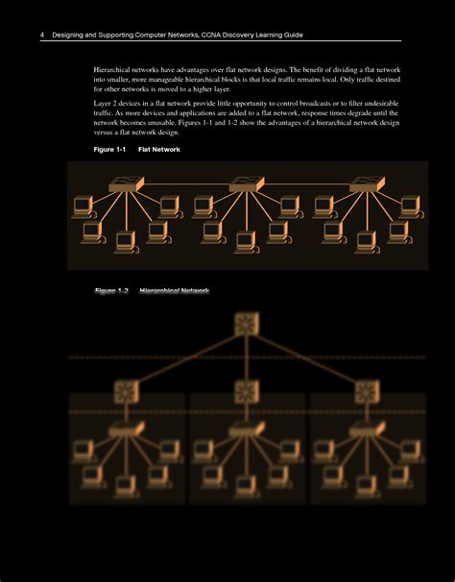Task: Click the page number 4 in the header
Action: coord(42,35)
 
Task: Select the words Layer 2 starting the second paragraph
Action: coord(107,103)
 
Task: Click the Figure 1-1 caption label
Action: coord(109,150)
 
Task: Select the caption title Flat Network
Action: coord(159,150)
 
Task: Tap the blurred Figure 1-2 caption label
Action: coord(111,290)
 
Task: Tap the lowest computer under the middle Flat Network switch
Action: coord(245,240)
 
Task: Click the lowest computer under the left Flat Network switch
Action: coord(124,240)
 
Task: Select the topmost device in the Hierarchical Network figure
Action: coord(245,325)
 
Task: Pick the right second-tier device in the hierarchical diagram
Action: coord(366,390)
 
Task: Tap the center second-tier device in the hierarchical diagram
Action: coord(245,390)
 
